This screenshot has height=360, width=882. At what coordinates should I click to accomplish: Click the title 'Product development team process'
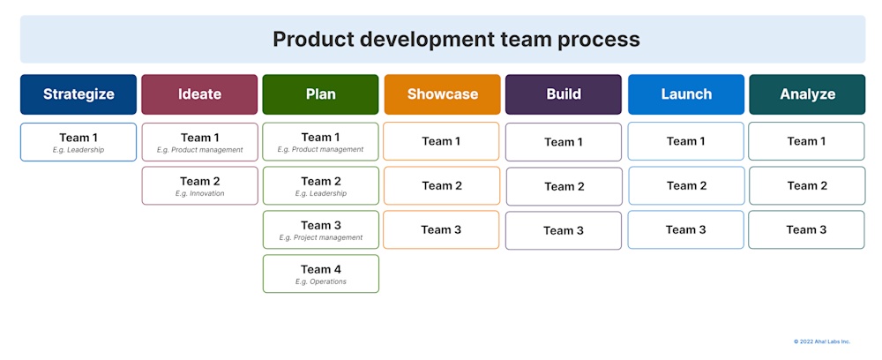click(456, 40)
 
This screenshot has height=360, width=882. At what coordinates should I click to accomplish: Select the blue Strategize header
click(78, 94)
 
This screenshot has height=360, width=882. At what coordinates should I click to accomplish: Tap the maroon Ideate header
click(199, 94)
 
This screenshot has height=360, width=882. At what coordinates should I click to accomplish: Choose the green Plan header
click(320, 94)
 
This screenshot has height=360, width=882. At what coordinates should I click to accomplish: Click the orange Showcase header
click(442, 94)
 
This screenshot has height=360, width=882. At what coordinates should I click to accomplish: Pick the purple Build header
click(564, 94)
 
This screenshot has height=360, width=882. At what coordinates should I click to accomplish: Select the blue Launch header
click(685, 94)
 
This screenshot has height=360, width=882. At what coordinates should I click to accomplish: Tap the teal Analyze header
click(807, 94)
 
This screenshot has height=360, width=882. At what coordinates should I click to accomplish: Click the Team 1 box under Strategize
click(78, 142)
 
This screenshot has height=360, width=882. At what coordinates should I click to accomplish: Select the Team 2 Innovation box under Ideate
click(199, 186)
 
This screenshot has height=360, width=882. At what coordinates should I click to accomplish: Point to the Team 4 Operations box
click(320, 274)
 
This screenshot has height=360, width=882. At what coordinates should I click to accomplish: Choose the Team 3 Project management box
click(320, 229)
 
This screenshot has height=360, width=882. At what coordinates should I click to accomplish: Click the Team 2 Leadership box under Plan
click(320, 186)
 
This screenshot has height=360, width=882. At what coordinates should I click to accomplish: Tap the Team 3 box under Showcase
click(441, 229)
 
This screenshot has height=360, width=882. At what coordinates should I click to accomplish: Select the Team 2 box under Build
click(564, 186)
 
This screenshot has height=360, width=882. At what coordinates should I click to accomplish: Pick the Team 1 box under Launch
click(685, 141)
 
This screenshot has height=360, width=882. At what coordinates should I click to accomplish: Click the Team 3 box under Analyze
click(806, 229)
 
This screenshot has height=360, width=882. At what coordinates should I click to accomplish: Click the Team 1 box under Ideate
click(199, 142)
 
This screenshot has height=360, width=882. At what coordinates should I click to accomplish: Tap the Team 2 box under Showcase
click(441, 185)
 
